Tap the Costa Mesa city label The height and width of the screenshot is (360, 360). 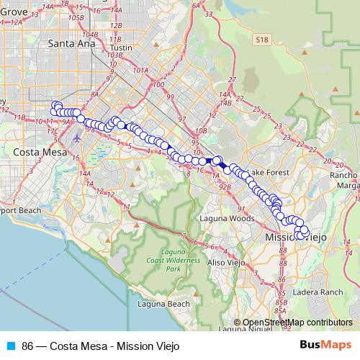tap(41, 153)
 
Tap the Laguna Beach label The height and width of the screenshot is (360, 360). tap(163, 305)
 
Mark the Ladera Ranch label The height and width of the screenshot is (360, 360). tap(321, 292)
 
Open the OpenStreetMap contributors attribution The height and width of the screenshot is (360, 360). tap(297, 323)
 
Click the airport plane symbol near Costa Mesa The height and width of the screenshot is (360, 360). tap(77, 136)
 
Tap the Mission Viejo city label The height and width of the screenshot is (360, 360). tap(296, 236)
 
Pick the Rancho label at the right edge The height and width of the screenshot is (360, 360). tap(343, 175)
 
